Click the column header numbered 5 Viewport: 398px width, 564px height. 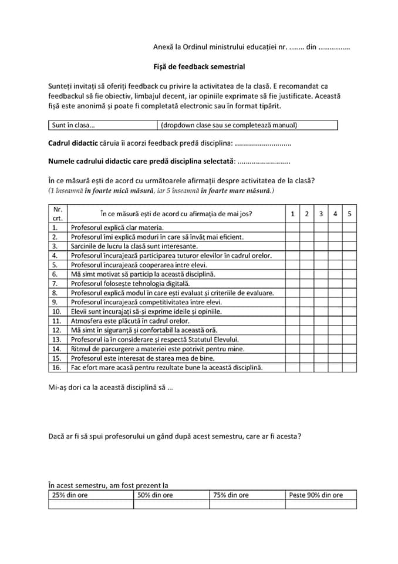[349, 214]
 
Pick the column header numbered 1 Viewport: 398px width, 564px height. [292, 214]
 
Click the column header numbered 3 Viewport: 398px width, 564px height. [321, 214]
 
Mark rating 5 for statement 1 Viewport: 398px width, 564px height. [349, 227]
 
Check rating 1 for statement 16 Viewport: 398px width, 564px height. [292, 367]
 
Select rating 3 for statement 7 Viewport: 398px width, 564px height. [321, 283]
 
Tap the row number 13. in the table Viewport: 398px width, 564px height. [57, 339]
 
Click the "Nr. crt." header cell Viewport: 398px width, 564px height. [58, 214]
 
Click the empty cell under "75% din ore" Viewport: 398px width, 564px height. [247, 504]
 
